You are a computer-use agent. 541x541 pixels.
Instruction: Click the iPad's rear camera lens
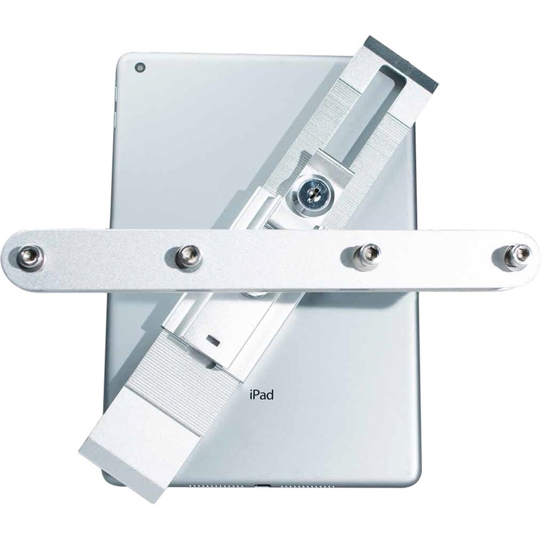coord(140,67)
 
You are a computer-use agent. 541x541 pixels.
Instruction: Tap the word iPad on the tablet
coord(261,395)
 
